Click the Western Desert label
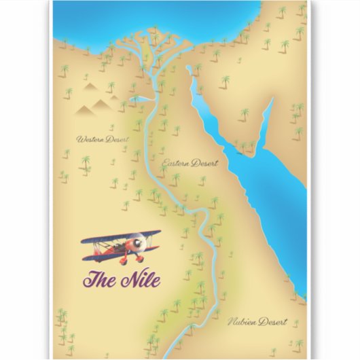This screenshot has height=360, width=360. [x=102, y=139]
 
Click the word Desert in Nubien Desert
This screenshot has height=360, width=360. [x=274, y=321]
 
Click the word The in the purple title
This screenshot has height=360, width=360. [x=97, y=278]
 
